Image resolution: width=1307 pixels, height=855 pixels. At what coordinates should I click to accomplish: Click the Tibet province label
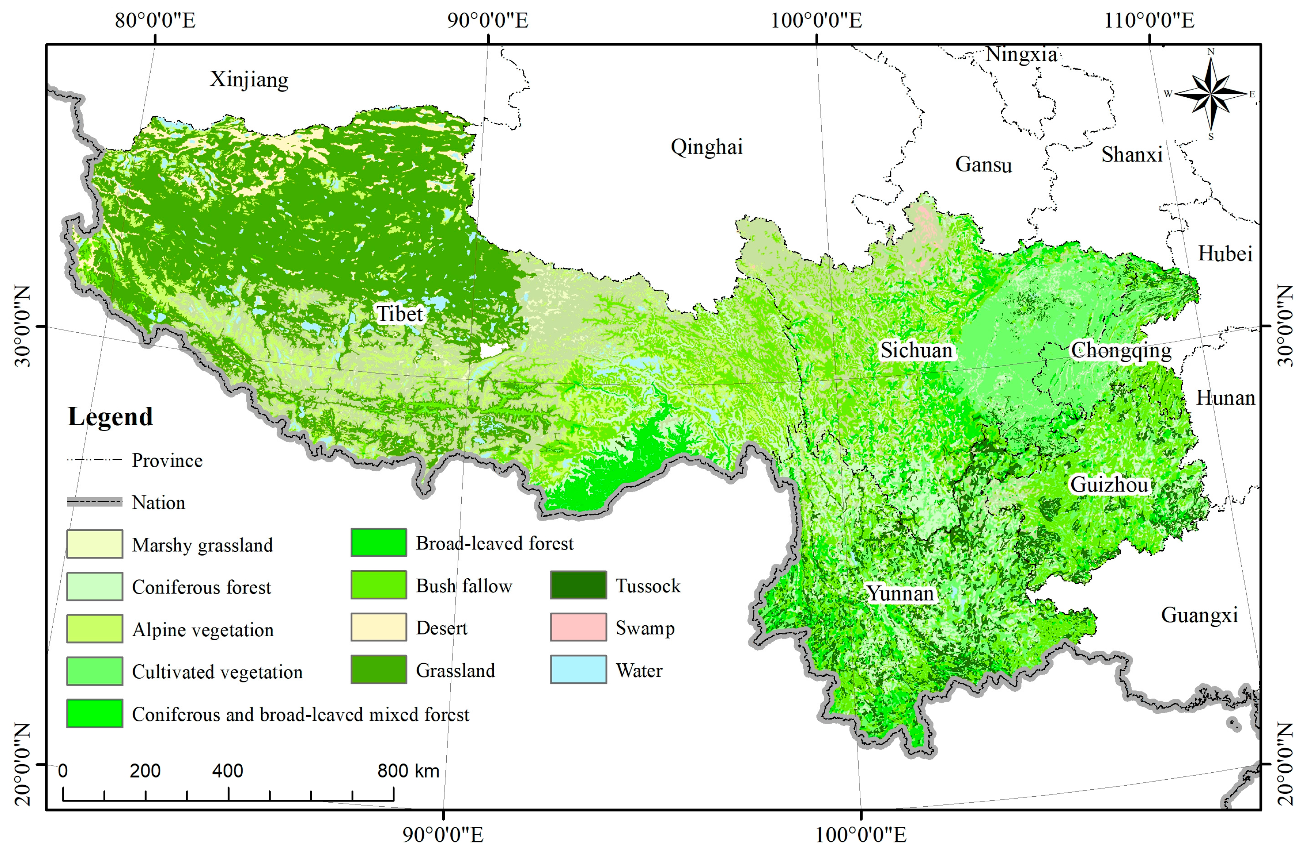(x=399, y=314)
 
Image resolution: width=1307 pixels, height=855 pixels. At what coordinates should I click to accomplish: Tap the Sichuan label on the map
(x=916, y=350)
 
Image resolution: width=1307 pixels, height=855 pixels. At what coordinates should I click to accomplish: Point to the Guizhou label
(x=1109, y=484)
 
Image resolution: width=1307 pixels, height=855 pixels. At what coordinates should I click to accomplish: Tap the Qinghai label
(x=706, y=147)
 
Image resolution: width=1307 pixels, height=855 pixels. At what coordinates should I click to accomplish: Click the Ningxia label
(x=1021, y=54)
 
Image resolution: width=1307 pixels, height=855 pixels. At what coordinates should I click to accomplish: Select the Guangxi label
(x=1199, y=615)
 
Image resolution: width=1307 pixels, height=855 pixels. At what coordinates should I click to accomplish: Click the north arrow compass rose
(x=1210, y=94)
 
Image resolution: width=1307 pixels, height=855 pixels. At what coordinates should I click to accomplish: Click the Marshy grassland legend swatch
(x=94, y=544)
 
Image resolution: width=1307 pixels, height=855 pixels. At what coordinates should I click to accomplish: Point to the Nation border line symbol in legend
(x=94, y=502)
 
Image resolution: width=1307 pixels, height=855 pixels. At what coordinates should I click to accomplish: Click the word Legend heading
(x=110, y=417)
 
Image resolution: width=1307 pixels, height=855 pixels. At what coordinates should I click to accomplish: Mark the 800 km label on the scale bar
(x=407, y=771)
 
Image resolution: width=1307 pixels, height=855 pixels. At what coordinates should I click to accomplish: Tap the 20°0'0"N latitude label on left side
(x=22, y=764)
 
